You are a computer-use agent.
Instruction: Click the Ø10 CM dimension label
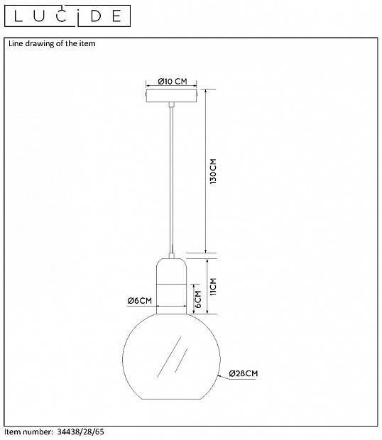tap(173, 82)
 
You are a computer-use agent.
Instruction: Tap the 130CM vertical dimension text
tap(214, 171)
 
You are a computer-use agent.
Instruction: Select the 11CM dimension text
tap(213, 287)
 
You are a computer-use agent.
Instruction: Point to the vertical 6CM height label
tap(198, 299)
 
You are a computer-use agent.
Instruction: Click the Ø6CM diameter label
tap(139, 300)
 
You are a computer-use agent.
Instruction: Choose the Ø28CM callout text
tap(244, 373)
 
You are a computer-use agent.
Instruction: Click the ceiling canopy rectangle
tap(171, 96)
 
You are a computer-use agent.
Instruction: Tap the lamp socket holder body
tap(172, 286)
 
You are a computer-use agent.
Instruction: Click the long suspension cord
tap(172, 180)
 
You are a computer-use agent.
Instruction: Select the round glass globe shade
tap(172, 356)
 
